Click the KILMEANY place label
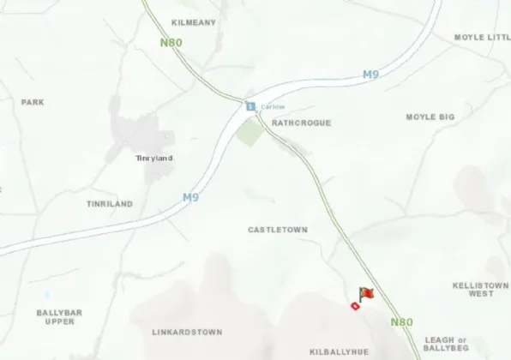[x=194, y=22]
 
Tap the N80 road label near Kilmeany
[x=171, y=42]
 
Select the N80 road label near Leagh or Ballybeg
[x=401, y=322]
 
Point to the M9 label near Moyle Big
[x=370, y=75]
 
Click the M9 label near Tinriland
[x=189, y=197]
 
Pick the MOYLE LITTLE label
[x=482, y=38]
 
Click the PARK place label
[x=33, y=102]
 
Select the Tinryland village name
[x=154, y=158]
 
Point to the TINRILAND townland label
[x=110, y=204]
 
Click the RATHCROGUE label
[x=301, y=123]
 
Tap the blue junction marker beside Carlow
[x=250, y=107]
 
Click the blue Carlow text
[x=272, y=107]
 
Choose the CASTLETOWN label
[x=277, y=230]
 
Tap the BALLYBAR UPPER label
[x=59, y=317]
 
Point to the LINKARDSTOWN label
[x=187, y=332]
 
